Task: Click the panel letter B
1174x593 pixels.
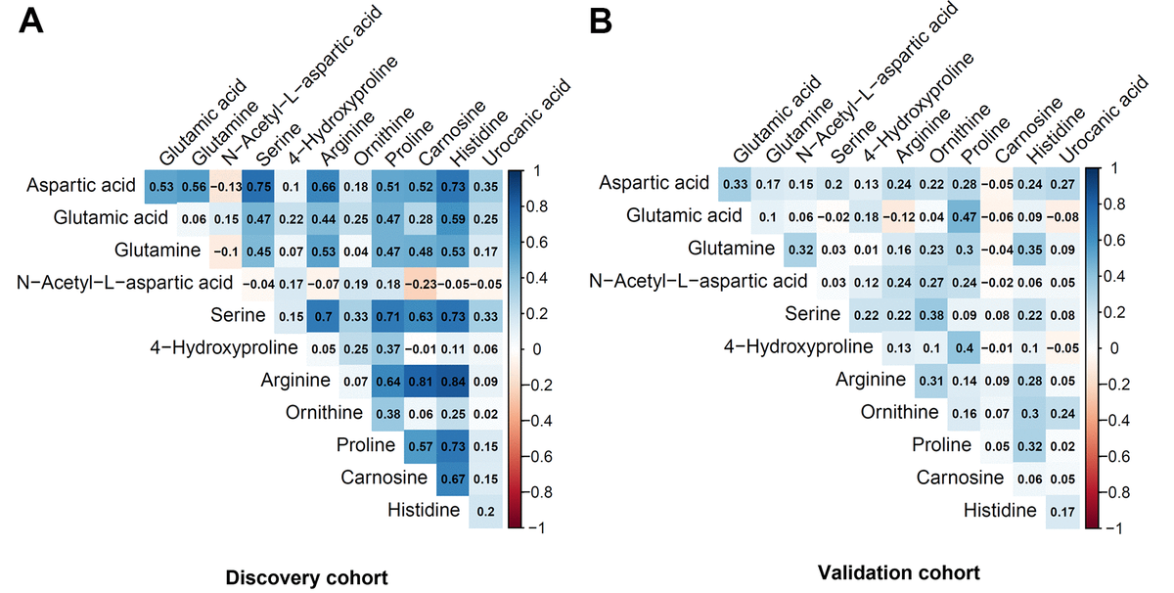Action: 606,24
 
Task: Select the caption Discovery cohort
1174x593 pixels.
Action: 306,577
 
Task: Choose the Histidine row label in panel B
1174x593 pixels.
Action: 1000,510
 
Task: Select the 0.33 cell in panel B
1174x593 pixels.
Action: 736,184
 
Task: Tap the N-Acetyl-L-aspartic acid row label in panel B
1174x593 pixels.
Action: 700,282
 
